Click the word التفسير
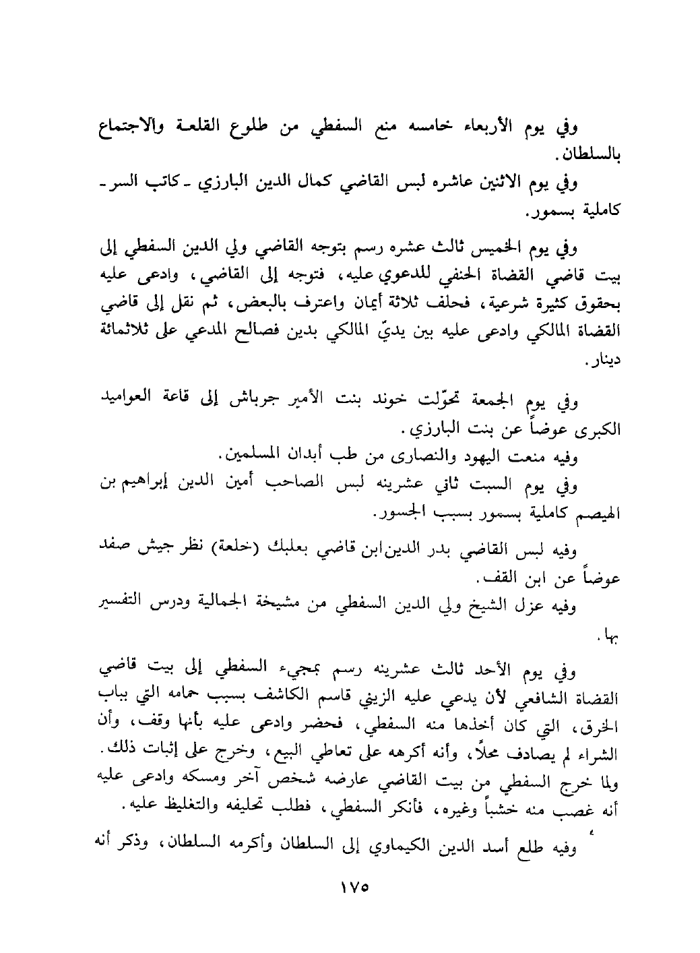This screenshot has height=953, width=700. [121, 605]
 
